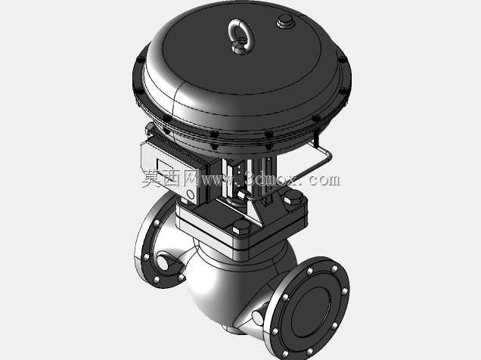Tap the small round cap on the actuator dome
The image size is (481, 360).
pyautogui.click(x=285, y=21)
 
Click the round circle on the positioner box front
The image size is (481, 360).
pyautogui.click(x=191, y=194)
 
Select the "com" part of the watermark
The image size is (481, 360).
pyautogui.click(x=324, y=180)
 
